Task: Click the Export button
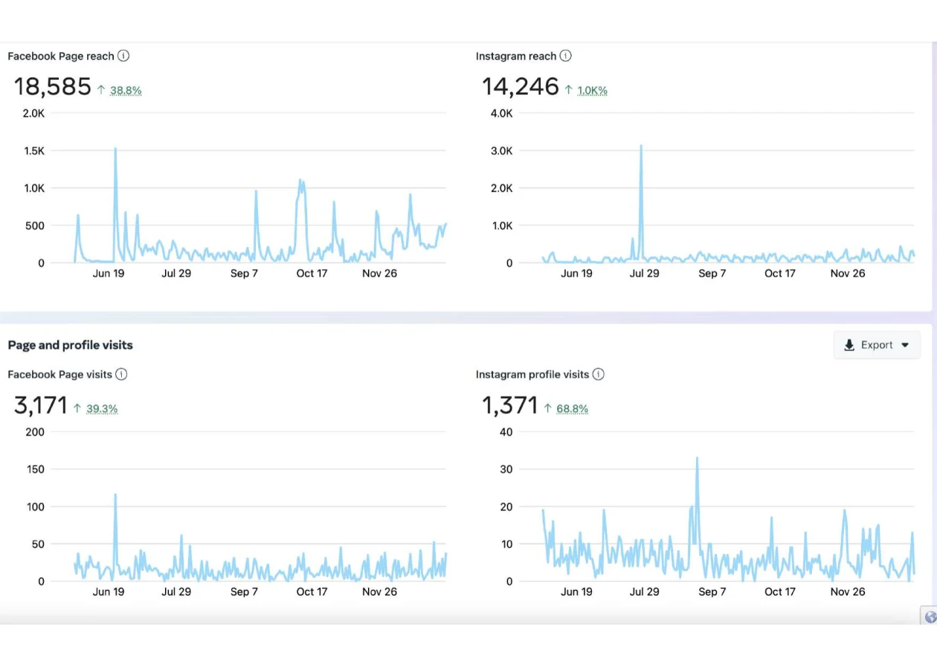click(877, 345)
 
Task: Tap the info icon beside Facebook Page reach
click(123, 56)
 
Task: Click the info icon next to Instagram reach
click(566, 56)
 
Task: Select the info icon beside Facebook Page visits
click(121, 374)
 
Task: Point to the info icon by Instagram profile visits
click(598, 374)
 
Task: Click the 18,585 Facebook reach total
click(52, 87)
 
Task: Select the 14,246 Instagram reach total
click(520, 87)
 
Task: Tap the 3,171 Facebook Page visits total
click(40, 405)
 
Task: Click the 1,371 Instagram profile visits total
click(509, 405)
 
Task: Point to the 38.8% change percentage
click(126, 91)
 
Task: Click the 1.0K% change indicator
click(592, 91)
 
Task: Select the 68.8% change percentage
click(573, 409)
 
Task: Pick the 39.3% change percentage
click(102, 409)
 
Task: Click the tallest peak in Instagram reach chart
click(640, 147)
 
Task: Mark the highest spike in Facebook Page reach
click(115, 149)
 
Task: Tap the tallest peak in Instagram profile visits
click(697, 458)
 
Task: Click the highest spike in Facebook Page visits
click(115, 495)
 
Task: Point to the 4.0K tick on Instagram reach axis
click(501, 114)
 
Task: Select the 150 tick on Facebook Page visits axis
click(34, 469)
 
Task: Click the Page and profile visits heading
click(71, 345)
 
